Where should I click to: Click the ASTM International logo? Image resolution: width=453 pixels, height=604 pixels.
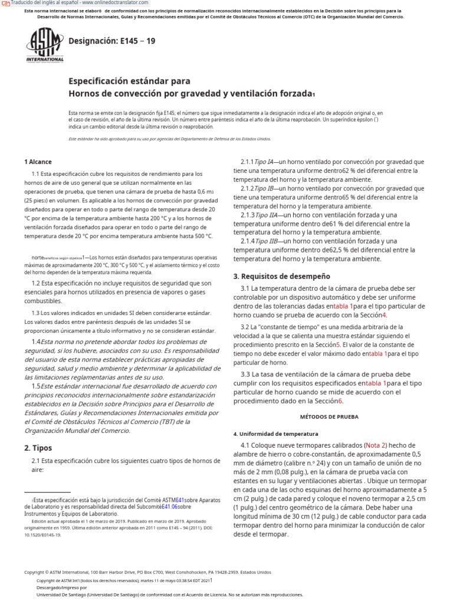pyautogui.click(x=44, y=45)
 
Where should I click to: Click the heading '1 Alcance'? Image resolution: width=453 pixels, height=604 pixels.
pyautogui.click(x=38, y=162)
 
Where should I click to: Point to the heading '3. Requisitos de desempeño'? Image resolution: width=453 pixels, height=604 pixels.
pyautogui.click(x=281, y=276)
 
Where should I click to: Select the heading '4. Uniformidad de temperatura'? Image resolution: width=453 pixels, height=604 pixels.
pyautogui.click(x=275, y=434)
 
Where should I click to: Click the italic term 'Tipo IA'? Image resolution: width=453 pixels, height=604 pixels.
pyautogui.click(x=263, y=162)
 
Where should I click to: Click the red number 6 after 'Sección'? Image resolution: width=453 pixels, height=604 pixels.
pyautogui.click(x=340, y=401)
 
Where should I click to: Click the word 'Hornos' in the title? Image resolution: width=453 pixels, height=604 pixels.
pyautogui.click(x=85, y=94)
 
